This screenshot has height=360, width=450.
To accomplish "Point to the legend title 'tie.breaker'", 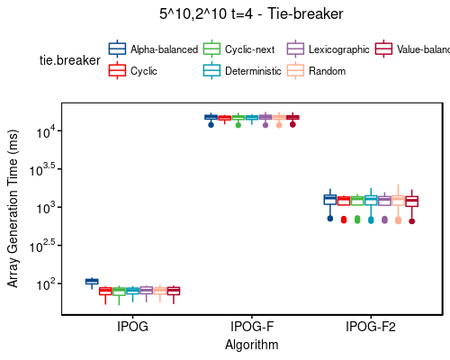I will click(x=70, y=59).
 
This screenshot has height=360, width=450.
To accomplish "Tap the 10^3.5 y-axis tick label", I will click(x=43, y=170).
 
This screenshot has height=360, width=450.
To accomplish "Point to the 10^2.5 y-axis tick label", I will click(x=43, y=246).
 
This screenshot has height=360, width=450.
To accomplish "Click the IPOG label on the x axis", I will click(x=132, y=327).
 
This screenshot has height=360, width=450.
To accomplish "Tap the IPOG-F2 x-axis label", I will click(x=371, y=327).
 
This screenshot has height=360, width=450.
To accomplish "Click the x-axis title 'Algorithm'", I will click(x=252, y=345).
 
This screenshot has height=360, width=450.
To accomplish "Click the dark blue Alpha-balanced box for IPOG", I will click(x=92, y=282).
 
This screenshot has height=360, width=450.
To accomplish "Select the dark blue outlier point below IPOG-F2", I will click(x=330, y=218).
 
